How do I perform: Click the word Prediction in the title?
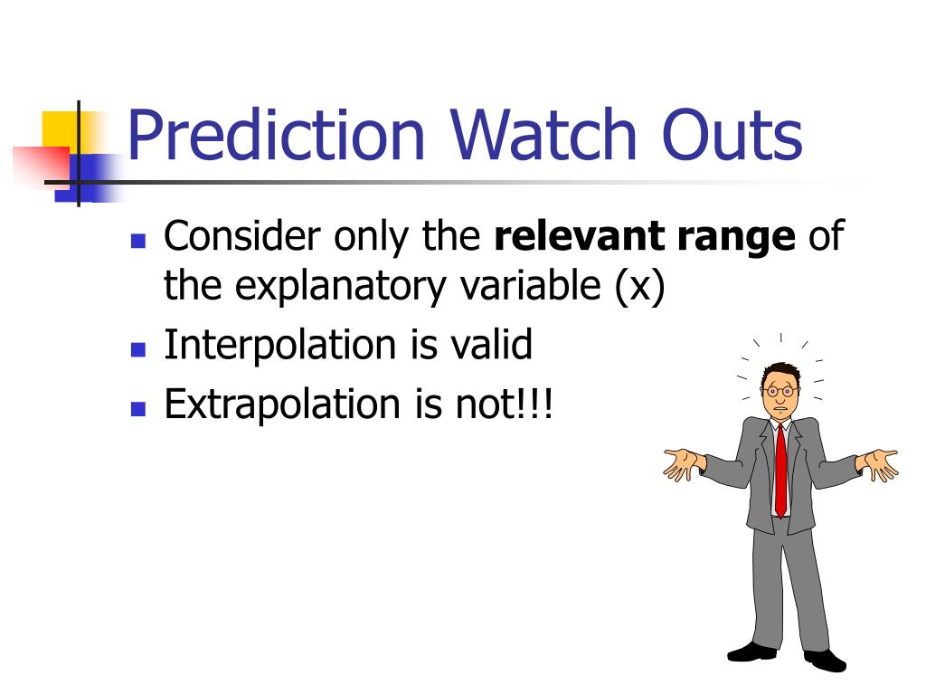pyautogui.click(x=276, y=135)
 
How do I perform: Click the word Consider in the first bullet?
pyautogui.click(x=242, y=235)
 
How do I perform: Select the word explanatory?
pyautogui.click(x=340, y=288)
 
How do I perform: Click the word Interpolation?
pyautogui.click(x=280, y=346)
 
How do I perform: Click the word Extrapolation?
pyautogui.click(x=282, y=406)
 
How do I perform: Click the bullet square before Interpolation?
pyautogui.click(x=138, y=349)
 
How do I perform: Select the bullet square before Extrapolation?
pyautogui.click(x=138, y=410)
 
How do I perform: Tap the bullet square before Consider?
pyautogui.click(x=138, y=241)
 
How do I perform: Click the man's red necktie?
pyautogui.click(x=780, y=471)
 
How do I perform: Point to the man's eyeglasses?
pyautogui.click(x=780, y=391)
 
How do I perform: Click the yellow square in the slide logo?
pyautogui.click(x=59, y=130)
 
